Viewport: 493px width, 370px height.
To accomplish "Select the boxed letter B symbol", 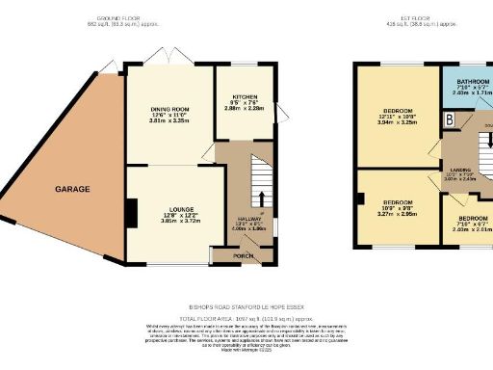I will [449, 119].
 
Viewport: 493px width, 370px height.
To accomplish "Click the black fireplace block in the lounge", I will [134, 211].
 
